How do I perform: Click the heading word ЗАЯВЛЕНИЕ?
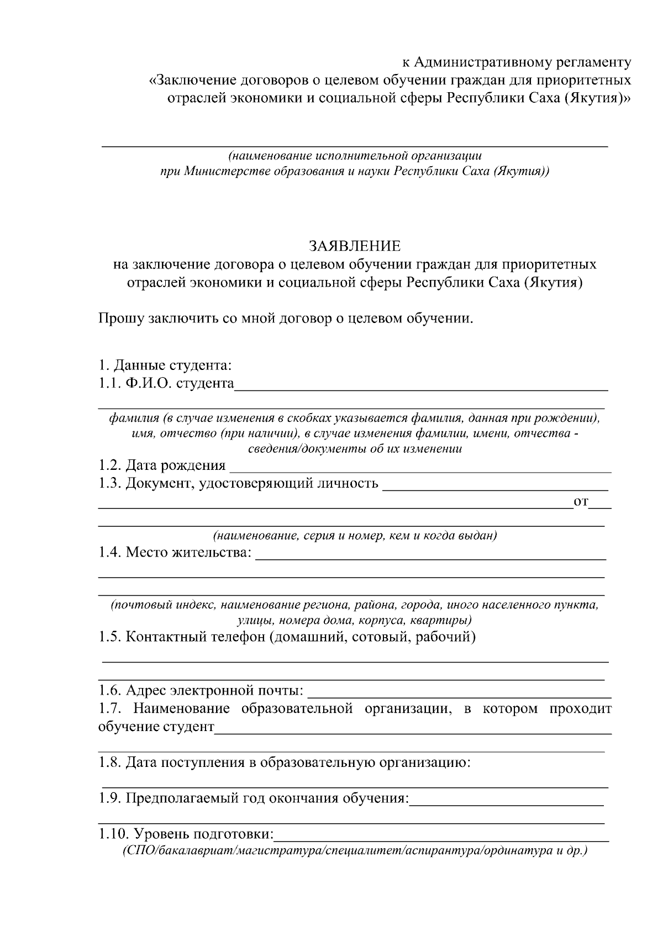point(354,246)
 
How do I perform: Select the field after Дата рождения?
point(420,467)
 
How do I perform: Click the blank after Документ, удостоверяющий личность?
point(495,485)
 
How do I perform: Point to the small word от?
point(581,502)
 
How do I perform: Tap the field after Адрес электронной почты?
point(459,692)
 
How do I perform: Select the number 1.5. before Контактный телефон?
point(110,637)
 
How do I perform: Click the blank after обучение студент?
point(413,728)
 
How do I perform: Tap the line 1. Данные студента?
point(165,366)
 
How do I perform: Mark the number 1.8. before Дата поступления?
point(110,763)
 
